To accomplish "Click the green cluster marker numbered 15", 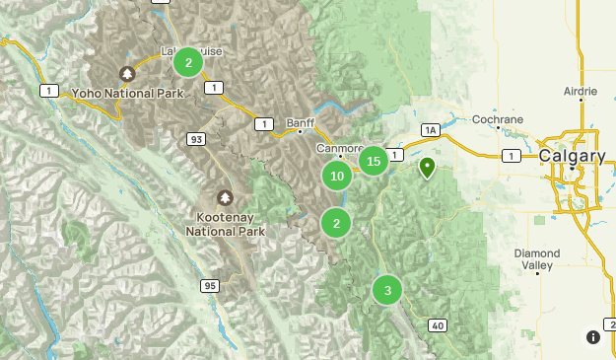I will pos(373,161).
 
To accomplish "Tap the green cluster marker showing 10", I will pos(337,177).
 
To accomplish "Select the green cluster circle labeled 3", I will pos(387,290).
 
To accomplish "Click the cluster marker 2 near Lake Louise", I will pos(187,62).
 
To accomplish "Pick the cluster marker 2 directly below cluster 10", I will pos(337,223).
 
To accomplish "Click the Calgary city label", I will pos(572,157).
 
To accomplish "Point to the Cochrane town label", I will pos(497,119).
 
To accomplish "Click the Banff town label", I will pos(300,123).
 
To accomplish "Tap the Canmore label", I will pos(340,147).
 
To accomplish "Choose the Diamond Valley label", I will pos(536,258).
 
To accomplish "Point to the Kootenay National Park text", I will pos(225,224).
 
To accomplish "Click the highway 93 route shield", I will pos(196,140).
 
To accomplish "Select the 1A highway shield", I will pos(429,129).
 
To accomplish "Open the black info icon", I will pos(593,336).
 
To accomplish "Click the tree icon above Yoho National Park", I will pos(126,73).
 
